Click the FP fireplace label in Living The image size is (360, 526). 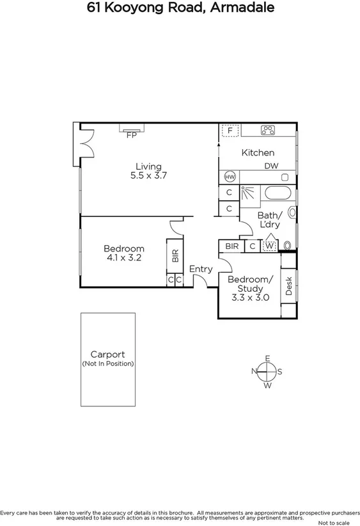[131, 136]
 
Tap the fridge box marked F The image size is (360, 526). [230, 131]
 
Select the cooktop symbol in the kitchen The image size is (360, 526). [268, 131]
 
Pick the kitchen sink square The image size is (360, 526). [287, 177]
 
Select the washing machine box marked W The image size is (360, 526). [270, 245]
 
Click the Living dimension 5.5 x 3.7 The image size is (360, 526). [148, 175]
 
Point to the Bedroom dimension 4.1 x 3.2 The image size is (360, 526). [124, 258]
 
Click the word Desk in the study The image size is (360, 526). [289, 285]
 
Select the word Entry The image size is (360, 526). [200, 269]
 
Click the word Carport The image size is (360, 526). [107, 354]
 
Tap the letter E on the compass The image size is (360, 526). [268, 358]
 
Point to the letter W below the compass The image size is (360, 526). [268, 385]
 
